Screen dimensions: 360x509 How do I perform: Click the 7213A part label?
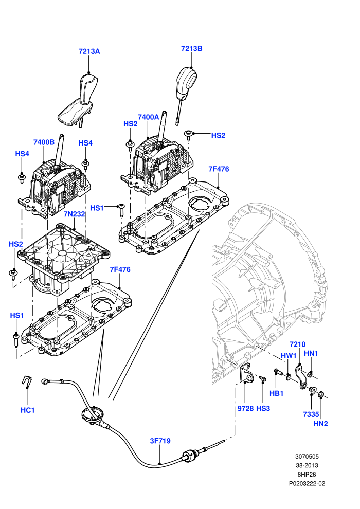[x=89, y=51]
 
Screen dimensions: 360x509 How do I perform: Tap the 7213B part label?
[x=191, y=48]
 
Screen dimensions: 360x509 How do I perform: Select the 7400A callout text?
[x=148, y=117]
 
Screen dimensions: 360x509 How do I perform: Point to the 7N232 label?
[x=74, y=214]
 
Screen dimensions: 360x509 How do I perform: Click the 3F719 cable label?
[x=160, y=441]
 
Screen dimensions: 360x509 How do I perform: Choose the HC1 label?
[x=28, y=410]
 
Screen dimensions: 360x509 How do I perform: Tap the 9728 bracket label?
[x=245, y=408]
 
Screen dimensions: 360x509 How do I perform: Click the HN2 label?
[x=320, y=423]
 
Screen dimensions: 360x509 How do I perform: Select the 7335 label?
[x=311, y=414]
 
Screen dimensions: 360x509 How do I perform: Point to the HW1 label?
[x=289, y=355]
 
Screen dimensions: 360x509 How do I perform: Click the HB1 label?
[x=277, y=393]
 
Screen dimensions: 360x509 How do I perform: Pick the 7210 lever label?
[x=297, y=344]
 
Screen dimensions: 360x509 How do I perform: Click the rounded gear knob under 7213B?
[x=187, y=80]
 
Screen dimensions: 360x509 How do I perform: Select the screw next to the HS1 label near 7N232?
[x=121, y=210]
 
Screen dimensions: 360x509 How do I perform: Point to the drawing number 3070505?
[x=307, y=456]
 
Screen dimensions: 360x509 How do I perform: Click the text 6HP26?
[x=307, y=474]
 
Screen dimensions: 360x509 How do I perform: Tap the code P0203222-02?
[x=307, y=483]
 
